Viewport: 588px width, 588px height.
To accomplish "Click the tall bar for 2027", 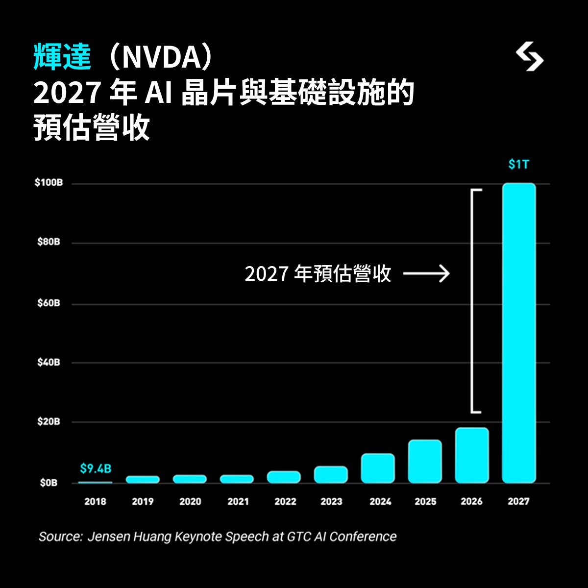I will coord(519,333).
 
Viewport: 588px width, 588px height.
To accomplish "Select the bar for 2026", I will coord(472,455).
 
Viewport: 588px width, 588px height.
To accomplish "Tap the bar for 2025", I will coord(425,462).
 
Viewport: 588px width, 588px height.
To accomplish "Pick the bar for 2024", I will coord(378,468).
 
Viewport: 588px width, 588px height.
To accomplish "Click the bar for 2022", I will coord(284,477).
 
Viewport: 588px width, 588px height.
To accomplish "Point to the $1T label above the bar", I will coord(518,165).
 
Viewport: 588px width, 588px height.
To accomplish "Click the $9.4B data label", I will coord(96,469).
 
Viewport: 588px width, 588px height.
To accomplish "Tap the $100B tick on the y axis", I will coord(49,183).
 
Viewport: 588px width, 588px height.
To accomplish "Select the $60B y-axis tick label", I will coord(49,303).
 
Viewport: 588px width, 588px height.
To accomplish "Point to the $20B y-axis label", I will coord(49,421).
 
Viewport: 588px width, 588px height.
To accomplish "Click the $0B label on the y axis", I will coord(49,483).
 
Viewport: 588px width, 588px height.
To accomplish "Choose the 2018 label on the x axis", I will coord(95,502).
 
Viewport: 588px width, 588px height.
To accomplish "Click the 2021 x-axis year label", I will coord(238,502).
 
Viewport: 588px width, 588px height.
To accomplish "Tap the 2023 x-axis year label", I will coord(331,502).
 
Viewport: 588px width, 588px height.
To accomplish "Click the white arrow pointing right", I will coord(426,274).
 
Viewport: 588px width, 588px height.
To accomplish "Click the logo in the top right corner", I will coord(530,57).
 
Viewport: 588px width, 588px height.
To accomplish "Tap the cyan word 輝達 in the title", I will coord(62,57).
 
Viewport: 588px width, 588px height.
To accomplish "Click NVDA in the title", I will coord(161,58).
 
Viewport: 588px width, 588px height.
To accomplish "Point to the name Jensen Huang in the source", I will coord(130,537).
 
